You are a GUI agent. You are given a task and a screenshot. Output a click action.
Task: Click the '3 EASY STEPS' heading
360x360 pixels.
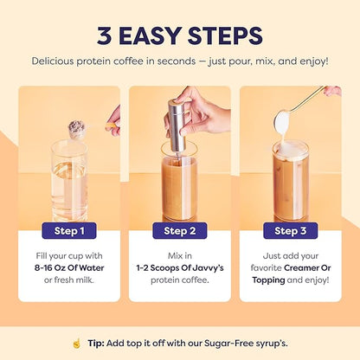coord(180,36)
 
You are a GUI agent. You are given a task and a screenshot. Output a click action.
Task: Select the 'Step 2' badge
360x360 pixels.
coord(179,230)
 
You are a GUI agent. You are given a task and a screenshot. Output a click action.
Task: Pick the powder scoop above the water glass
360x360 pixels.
coord(77,130)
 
